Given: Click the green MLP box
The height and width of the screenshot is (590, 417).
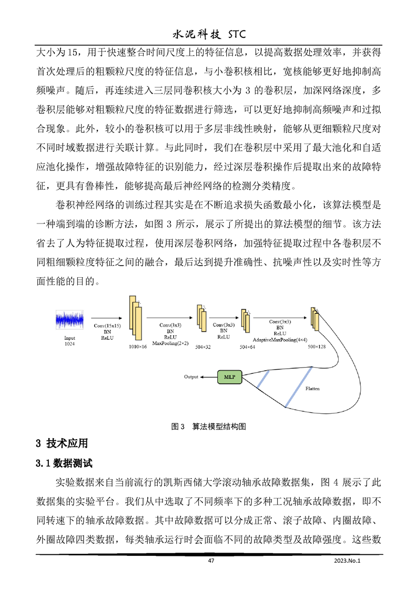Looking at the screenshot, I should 230,377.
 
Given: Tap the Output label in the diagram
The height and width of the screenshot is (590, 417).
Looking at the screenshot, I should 191,377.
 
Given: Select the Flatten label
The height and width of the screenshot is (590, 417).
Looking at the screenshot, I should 313,389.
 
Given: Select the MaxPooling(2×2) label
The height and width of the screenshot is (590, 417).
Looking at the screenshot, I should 170,342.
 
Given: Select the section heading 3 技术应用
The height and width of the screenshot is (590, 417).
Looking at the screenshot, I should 62,443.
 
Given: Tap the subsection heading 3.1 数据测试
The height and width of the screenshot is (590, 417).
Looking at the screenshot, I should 64,464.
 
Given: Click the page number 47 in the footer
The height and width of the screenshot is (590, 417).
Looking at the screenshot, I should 211,561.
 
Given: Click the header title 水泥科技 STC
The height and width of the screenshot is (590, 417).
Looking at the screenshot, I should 209,34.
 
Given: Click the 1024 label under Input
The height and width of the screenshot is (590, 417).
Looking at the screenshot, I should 69,343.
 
